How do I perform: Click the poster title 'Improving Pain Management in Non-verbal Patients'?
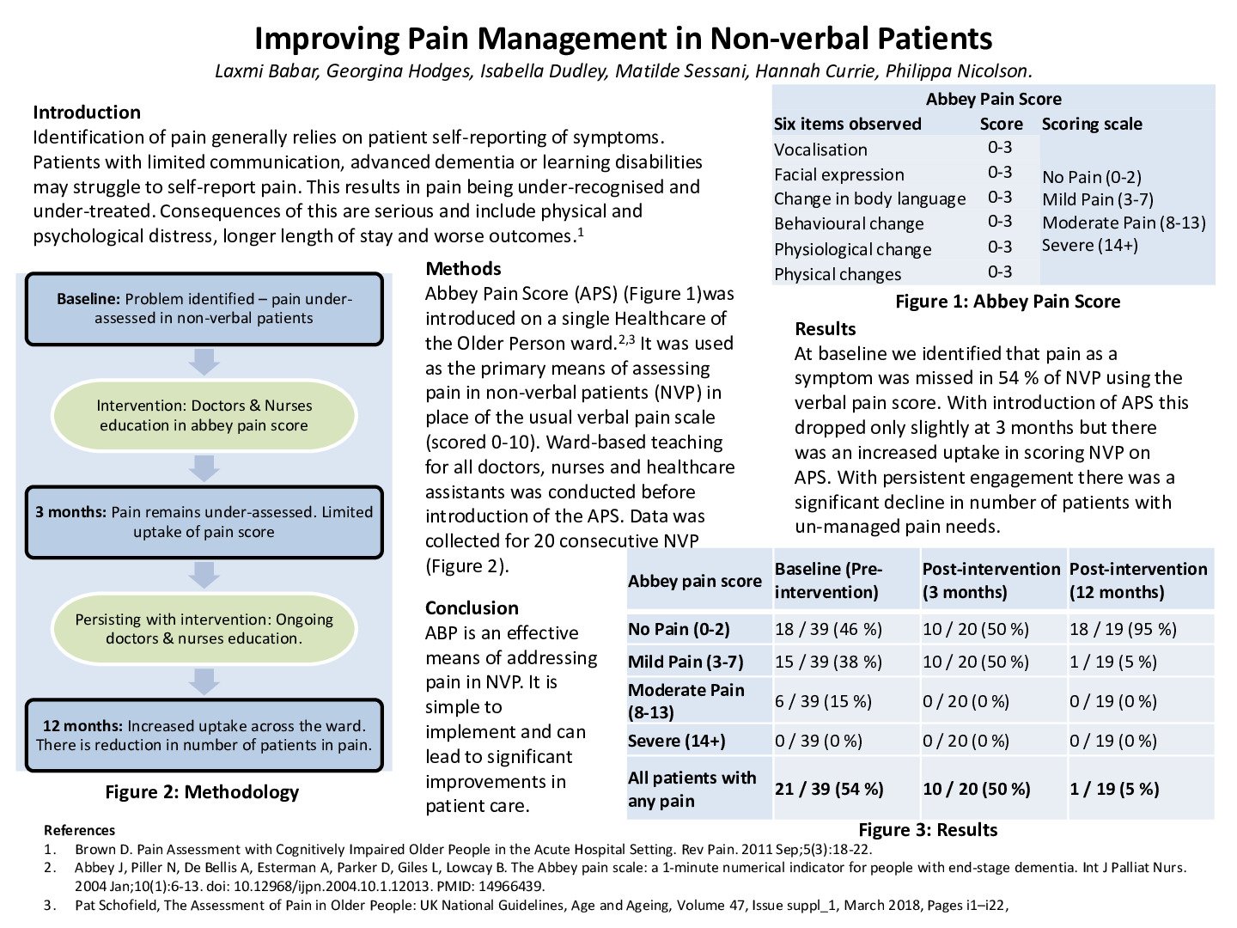pos(623,39)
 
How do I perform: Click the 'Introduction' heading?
pos(87,113)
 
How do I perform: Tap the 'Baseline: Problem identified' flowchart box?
pos(204,309)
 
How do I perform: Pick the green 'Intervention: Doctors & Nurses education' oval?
pos(204,416)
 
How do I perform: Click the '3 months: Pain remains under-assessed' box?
pos(204,522)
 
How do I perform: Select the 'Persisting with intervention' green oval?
pos(204,629)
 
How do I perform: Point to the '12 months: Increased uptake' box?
pos(204,736)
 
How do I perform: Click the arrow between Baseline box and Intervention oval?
pos(204,362)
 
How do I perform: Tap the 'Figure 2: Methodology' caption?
pos(202,792)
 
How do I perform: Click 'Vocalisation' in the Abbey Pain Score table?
pos(820,150)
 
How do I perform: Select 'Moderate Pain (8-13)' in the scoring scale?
pos(1124,223)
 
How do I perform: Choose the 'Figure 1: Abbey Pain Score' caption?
pos(1008,302)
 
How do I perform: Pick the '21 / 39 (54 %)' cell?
pos(829,789)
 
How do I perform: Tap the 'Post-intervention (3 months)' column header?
pos(991,581)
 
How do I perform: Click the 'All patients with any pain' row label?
pos(692,789)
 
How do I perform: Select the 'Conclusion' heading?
pos(472,608)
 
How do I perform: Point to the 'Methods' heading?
pos(463,269)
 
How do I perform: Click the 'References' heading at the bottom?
pos(79,831)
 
